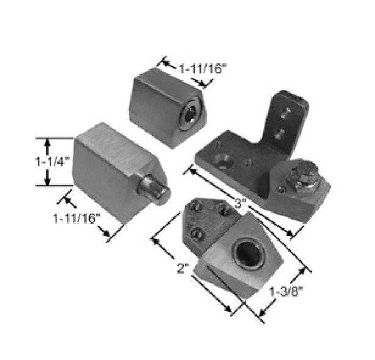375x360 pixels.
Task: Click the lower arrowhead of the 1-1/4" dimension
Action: coord(46,182)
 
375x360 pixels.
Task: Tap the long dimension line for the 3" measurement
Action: coord(244,202)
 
